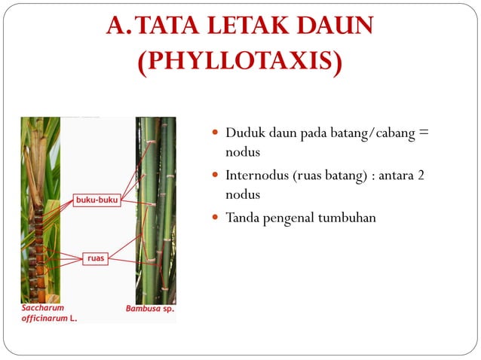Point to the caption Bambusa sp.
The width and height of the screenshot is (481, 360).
tap(149, 308)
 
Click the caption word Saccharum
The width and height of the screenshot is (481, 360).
tap(43, 308)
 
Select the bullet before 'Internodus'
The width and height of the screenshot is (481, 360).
tap(216, 176)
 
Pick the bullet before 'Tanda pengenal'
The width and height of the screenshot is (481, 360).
tap(216, 218)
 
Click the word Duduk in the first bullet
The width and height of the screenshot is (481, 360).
tap(243, 133)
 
